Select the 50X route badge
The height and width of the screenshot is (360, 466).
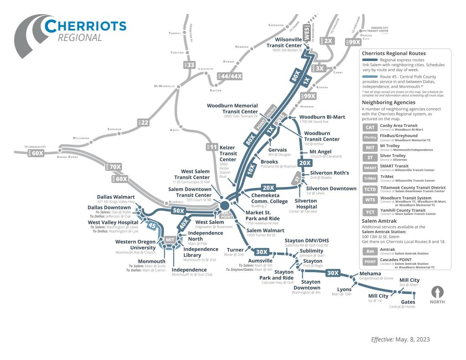tap(178, 211)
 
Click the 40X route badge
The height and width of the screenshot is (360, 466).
tap(183, 223)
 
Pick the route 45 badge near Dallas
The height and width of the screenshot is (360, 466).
tap(152, 225)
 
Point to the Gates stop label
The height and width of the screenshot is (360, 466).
tap(408, 302)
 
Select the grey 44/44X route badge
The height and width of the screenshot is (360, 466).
tap(230, 76)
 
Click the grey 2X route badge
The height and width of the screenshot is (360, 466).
tap(327, 41)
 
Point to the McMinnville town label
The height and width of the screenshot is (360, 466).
tap(164, 86)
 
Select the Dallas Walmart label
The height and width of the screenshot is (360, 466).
tap(116, 197)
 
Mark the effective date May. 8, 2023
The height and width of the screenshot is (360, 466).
tap(400, 340)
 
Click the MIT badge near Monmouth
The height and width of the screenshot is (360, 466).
tap(170, 239)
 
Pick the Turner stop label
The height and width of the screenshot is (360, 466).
tap(235, 250)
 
